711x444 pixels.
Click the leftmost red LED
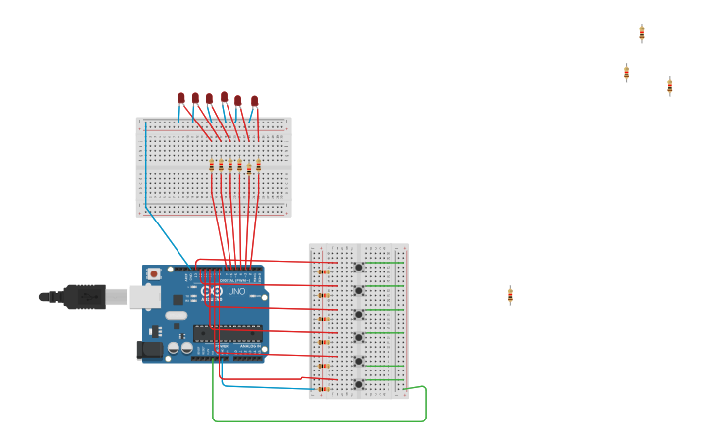click(181, 97)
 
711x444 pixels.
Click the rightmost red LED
click(255, 101)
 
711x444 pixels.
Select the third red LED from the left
click(210, 98)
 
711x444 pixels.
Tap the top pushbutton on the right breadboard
click(359, 267)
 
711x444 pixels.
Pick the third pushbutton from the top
click(359, 315)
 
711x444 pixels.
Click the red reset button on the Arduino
click(154, 274)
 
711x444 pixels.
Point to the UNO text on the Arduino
click(236, 292)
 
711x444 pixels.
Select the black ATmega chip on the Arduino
click(228, 332)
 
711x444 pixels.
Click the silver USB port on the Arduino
click(145, 296)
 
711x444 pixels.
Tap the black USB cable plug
click(83, 295)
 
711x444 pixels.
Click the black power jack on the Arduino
click(150, 349)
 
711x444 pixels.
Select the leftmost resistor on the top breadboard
click(212, 165)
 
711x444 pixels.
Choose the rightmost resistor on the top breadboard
click(258, 165)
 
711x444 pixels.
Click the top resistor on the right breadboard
click(323, 271)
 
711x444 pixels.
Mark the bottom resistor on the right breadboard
click(323, 388)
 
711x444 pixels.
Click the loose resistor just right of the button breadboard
click(510, 294)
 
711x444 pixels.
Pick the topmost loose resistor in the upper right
click(642, 33)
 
